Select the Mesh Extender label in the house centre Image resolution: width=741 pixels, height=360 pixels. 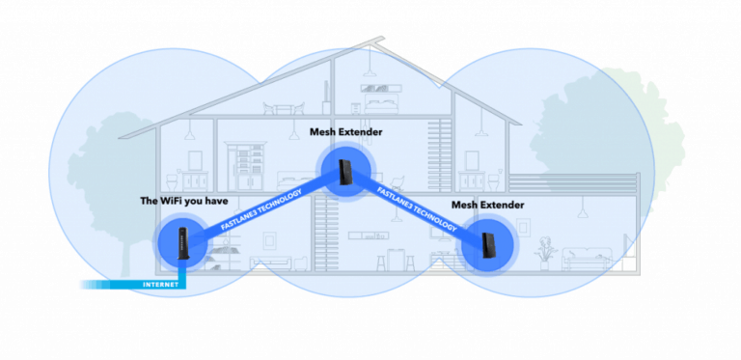346,130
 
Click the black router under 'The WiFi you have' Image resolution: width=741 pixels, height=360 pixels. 183,241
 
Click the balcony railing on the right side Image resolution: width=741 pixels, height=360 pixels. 573,181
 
